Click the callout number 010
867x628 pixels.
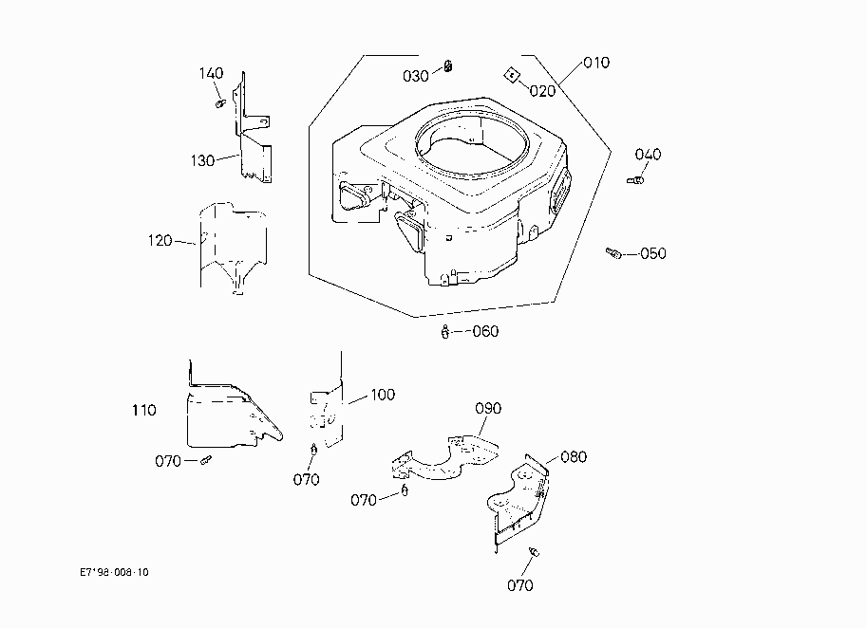pyautogui.click(x=596, y=63)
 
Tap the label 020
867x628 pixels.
pyautogui.click(x=542, y=91)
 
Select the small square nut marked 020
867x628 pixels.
pyautogui.click(x=512, y=75)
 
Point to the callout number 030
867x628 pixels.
pyautogui.click(x=415, y=76)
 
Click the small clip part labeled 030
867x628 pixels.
pyautogui.click(x=448, y=66)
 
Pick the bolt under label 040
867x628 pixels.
pyautogui.click(x=635, y=180)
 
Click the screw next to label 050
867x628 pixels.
pyautogui.click(x=613, y=253)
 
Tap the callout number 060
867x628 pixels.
pyautogui.click(x=485, y=331)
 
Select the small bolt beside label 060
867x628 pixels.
pyautogui.click(x=445, y=332)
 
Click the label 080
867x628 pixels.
pyautogui.click(x=574, y=457)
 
